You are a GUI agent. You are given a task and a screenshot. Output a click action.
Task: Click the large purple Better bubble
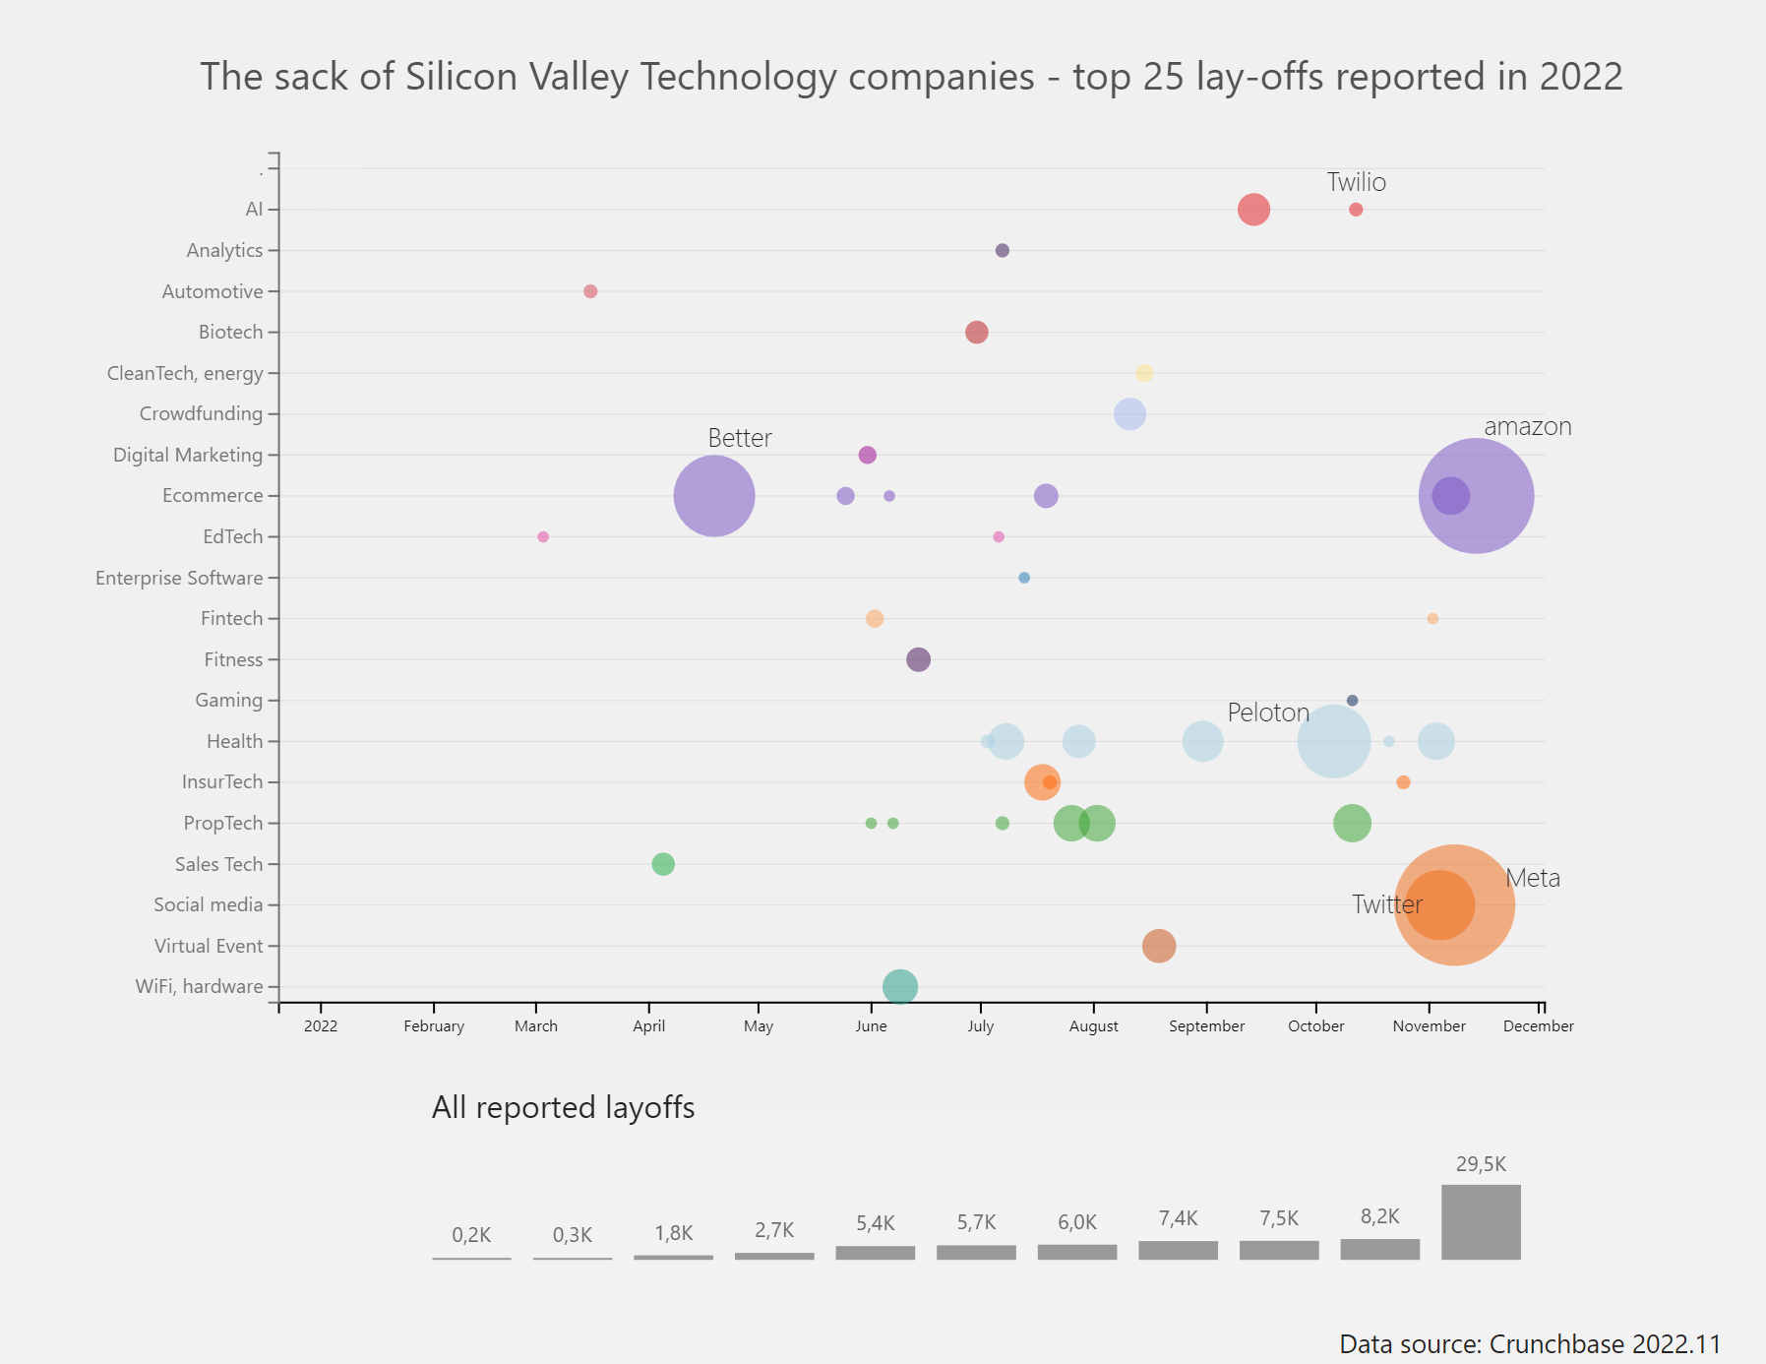(714, 496)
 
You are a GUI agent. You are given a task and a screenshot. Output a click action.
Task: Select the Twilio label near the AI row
(1356, 182)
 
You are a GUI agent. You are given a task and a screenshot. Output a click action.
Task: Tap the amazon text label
(1527, 427)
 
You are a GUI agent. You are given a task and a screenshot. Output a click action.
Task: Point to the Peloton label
(1268, 713)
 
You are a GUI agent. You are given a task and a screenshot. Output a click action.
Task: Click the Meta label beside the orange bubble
(1533, 878)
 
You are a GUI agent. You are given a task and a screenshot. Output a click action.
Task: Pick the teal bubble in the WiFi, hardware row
(900, 986)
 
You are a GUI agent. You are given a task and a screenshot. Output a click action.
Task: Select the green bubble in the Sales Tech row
(663, 864)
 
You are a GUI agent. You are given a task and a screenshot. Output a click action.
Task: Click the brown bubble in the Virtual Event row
(1159, 946)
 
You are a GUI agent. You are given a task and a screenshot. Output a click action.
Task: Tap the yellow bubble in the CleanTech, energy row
(1144, 373)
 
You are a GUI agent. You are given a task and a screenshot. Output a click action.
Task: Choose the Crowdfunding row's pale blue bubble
(1129, 414)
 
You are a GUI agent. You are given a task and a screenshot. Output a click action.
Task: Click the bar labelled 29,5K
(1481, 1222)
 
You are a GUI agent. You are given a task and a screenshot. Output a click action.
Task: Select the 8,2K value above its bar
(1379, 1216)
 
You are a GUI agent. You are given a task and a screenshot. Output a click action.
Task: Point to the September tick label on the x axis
(1206, 1026)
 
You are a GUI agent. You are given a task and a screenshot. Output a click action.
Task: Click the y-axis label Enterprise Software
(179, 578)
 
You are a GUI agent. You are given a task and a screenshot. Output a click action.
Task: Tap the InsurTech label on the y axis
(222, 782)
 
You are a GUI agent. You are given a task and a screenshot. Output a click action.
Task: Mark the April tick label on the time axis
(648, 1026)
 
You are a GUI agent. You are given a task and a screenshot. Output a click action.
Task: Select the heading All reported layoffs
(563, 1108)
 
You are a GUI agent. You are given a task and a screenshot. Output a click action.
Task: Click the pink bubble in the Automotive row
(590, 291)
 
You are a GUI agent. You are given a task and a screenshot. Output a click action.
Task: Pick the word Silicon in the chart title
(461, 77)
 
